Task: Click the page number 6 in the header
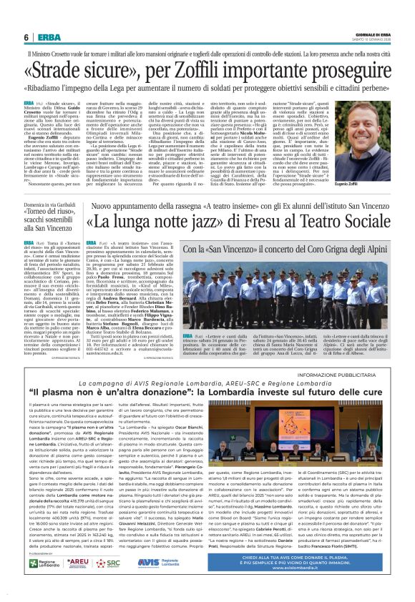[26, 37]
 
